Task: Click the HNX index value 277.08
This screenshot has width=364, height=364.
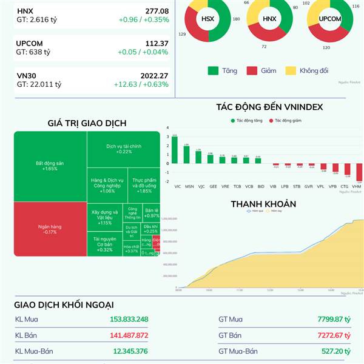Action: pyautogui.click(x=157, y=11)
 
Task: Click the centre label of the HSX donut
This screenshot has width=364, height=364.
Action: pyautogui.click(x=208, y=19)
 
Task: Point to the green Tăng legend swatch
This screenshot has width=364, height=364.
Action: pyautogui.click(x=213, y=71)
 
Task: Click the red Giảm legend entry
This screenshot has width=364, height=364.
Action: pyautogui.click(x=261, y=71)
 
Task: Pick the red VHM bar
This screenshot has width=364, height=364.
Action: pyautogui.click(x=359, y=172)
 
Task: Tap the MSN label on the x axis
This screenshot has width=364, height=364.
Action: pyautogui.click(x=189, y=186)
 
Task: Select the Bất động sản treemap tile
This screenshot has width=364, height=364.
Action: pyautogui.click(x=50, y=166)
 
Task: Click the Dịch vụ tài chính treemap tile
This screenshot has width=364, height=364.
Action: pyautogui.click(x=123, y=149)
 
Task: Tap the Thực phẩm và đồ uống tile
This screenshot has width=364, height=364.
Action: pyautogui.click(x=144, y=185)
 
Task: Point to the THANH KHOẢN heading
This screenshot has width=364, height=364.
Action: pyautogui.click(x=263, y=204)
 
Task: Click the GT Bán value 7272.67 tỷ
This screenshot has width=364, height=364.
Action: pyautogui.click(x=334, y=335)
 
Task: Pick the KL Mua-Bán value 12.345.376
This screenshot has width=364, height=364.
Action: pyautogui.click(x=130, y=351)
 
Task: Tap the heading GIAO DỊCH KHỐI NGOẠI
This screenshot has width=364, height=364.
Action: pyautogui.click(x=64, y=305)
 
